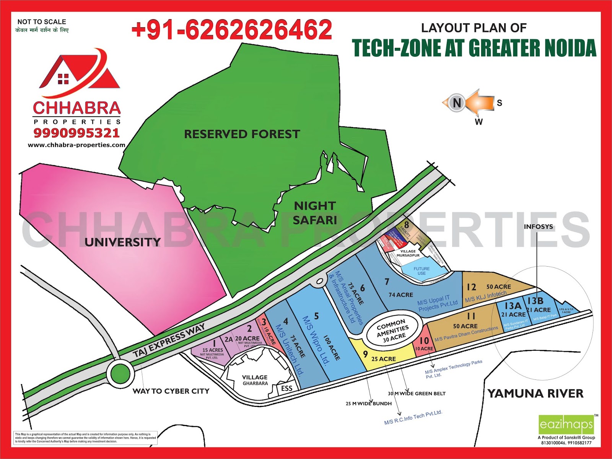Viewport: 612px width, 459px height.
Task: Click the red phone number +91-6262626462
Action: click(x=231, y=30)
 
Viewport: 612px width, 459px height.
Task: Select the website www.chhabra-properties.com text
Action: click(x=76, y=145)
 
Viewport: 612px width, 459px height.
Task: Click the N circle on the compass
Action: click(x=456, y=103)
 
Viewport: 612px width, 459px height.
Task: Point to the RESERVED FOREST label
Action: click(x=242, y=134)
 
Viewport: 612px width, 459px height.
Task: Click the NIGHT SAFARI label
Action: click(x=315, y=213)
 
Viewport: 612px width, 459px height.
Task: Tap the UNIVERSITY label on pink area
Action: click(x=122, y=242)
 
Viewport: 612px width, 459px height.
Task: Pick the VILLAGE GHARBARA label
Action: click(x=255, y=380)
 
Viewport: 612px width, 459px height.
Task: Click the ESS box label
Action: click(x=286, y=389)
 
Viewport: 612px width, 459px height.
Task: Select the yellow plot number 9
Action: click(x=366, y=354)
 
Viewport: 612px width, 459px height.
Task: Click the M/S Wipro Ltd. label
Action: click(x=316, y=340)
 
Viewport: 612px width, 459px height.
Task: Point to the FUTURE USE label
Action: click(x=422, y=271)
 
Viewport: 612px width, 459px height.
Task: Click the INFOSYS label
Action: click(x=538, y=226)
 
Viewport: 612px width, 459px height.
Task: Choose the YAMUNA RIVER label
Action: click(x=535, y=394)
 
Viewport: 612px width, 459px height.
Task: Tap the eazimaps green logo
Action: click(x=566, y=424)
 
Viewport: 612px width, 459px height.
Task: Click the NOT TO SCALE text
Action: click(x=42, y=22)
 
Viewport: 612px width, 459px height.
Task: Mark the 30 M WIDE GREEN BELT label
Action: click(x=417, y=393)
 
